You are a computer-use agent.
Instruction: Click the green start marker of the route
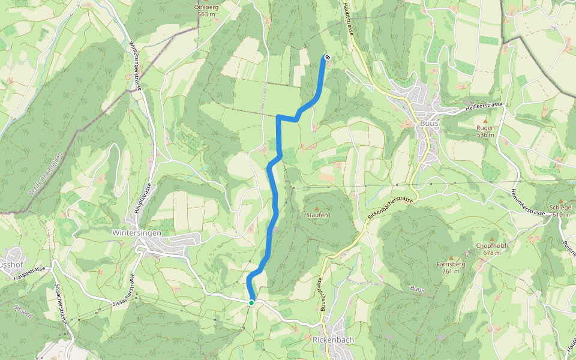251,303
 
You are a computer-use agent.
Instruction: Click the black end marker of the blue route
327,58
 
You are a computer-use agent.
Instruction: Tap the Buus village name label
429,123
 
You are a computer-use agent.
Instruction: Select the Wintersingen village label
137,232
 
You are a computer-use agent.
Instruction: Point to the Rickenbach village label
334,340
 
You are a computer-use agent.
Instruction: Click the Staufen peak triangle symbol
317,208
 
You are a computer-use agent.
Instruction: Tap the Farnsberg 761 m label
452,267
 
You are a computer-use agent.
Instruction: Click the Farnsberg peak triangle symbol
452,257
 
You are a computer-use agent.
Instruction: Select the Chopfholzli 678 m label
492,249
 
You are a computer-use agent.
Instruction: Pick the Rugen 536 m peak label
485,131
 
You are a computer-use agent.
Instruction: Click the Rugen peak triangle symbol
485,121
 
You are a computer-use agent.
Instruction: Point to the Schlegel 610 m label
560,211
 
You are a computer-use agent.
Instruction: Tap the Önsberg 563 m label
206,10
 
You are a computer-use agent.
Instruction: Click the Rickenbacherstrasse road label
391,207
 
